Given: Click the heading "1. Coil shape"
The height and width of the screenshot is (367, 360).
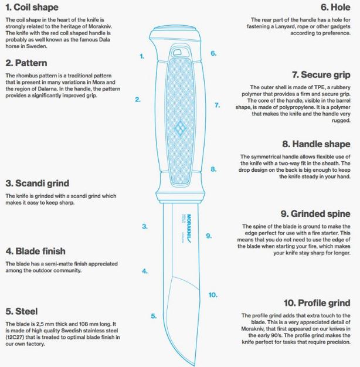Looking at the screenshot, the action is tap(32, 7).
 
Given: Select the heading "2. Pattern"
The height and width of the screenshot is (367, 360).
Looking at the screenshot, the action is tap(26, 63).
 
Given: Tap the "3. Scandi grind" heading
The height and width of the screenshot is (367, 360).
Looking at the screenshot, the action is tap(38, 183).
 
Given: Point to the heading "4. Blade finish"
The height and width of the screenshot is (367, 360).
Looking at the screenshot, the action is tap(36, 251).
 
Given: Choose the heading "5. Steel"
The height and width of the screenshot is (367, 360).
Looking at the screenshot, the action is tap(22, 311).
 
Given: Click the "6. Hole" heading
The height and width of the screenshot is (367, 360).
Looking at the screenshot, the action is tap(335, 7).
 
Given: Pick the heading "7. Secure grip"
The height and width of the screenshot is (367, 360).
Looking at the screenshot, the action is tap(321, 75).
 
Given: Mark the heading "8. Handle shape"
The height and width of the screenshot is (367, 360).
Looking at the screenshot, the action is tap(316, 144).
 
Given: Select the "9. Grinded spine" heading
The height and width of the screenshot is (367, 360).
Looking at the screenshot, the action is tap(315, 214).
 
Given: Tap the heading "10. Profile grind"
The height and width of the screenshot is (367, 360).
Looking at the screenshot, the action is tap(317, 303).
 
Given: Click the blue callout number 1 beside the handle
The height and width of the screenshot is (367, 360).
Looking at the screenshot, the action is tap(142, 56).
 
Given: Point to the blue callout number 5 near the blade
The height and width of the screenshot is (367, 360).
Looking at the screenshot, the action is tap(154, 316).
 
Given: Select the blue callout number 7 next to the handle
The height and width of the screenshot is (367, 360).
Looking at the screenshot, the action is tap(218, 106).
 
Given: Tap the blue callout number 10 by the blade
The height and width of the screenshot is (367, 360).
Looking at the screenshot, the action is tap(213, 295).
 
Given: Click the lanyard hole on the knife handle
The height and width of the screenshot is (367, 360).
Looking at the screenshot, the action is tap(177, 52).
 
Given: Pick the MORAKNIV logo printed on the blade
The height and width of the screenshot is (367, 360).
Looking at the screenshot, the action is tap(189, 229).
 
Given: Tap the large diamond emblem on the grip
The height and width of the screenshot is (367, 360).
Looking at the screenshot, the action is tap(180, 128).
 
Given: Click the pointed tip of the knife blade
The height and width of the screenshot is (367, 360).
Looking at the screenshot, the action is tap(194, 365).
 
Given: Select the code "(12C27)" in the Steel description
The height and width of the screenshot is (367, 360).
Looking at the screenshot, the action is tap(16, 337).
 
